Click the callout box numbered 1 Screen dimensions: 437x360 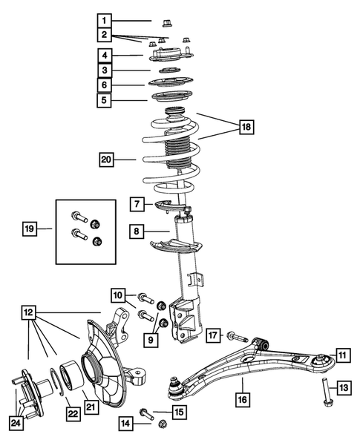(107, 20)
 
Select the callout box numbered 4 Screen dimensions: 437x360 (107, 55)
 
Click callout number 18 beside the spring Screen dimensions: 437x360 (245, 128)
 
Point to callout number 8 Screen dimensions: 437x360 (137, 230)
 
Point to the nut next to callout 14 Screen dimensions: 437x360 (163, 424)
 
